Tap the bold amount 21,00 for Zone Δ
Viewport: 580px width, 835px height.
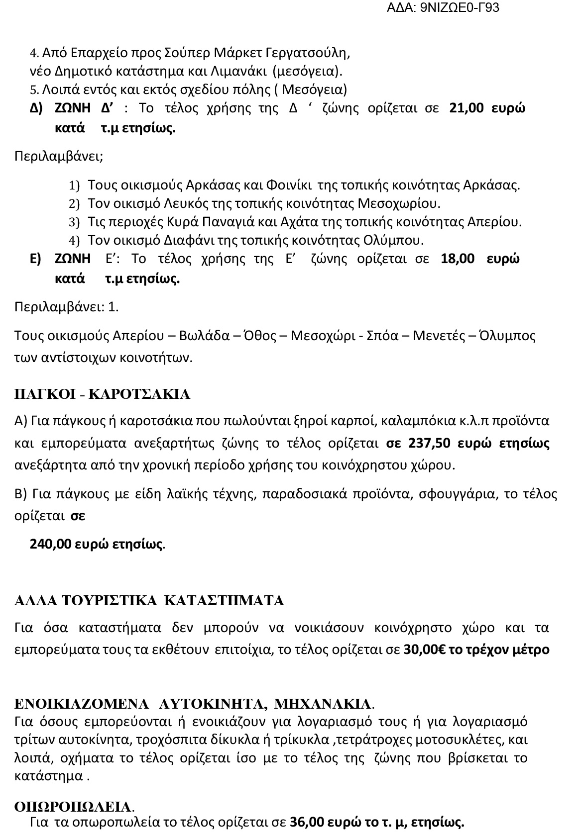(x=467, y=108)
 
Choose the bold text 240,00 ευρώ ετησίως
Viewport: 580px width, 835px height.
(x=96, y=544)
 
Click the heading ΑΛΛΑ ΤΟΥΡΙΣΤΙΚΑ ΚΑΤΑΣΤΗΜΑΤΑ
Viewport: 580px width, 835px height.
(x=149, y=600)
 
